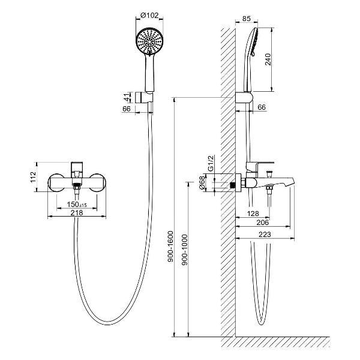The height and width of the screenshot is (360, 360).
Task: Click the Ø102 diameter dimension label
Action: tap(149, 16)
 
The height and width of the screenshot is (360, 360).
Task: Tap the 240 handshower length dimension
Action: tap(268, 59)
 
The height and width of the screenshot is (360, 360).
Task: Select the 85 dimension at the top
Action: tap(247, 19)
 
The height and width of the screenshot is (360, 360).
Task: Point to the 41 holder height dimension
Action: tap(127, 97)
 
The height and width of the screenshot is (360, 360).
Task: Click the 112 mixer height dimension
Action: tap(33, 177)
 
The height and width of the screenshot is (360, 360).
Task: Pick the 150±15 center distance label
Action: tap(77, 204)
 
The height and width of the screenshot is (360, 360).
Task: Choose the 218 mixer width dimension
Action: tap(77, 213)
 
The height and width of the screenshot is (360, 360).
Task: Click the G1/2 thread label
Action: tap(211, 163)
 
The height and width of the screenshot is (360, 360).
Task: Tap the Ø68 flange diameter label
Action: tap(202, 183)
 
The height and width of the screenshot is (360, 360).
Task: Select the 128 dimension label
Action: tap(253, 214)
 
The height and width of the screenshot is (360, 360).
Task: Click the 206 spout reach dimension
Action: tap(262, 222)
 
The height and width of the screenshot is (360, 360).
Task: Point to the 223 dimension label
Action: tap(265, 235)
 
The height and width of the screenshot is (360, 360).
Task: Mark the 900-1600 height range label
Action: tap(171, 247)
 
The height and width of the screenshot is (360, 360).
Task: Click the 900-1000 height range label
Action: tap(185, 250)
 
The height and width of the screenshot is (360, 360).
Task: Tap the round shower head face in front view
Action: tap(149, 41)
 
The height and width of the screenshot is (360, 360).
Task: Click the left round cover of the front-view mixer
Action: tap(56, 182)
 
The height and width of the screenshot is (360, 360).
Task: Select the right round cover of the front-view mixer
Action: tap(98, 182)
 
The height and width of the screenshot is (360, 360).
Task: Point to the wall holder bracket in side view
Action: tap(244, 98)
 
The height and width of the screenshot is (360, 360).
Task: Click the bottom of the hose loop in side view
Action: tap(261, 324)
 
